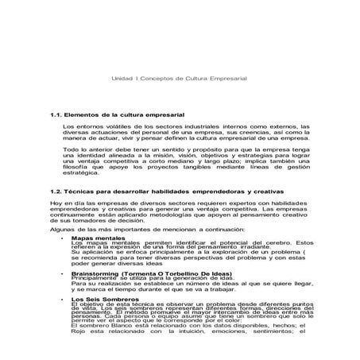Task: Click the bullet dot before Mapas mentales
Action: point(62,237)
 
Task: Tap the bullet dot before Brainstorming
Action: point(62,271)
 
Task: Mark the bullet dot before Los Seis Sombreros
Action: point(62,298)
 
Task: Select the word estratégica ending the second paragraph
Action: point(80,179)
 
